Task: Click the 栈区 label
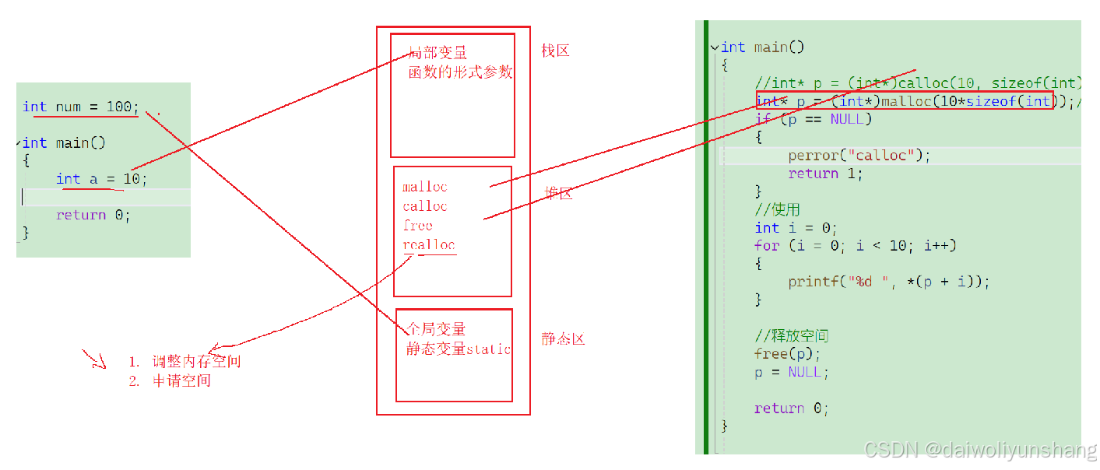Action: (x=555, y=51)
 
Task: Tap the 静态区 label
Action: (x=563, y=339)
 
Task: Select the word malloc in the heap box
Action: (x=425, y=188)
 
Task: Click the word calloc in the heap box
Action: (x=425, y=206)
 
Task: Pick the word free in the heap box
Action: (x=417, y=226)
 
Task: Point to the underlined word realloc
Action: (x=429, y=245)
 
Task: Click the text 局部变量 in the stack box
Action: (x=438, y=54)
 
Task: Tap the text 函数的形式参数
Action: (x=460, y=72)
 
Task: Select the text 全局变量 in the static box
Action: (x=437, y=329)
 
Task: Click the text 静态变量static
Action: (x=458, y=349)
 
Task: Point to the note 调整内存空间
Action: (x=196, y=362)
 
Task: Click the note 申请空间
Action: (x=181, y=381)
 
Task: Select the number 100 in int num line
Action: (x=119, y=107)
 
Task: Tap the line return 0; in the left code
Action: (x=93, y=216)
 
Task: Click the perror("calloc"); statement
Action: (x=859, y=156)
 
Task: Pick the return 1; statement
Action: (x=825, y=174)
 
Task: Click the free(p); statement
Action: (x=787, y=354)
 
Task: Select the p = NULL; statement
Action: (x=791, y=372)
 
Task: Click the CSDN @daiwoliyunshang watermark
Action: (x=980, y=451)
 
